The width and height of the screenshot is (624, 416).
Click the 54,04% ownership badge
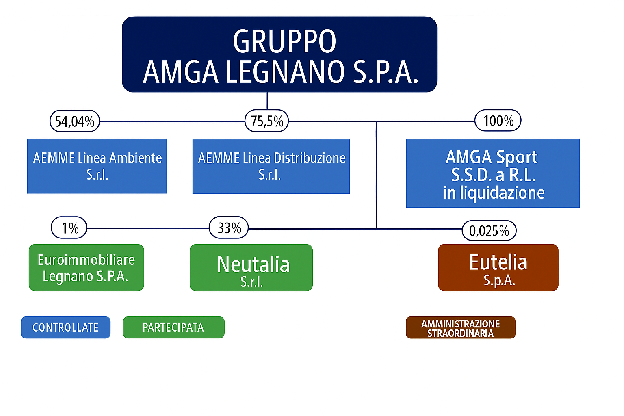click(75, 121)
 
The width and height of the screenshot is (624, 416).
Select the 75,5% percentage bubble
click(266, 121)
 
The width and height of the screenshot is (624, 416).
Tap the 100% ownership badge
click(498, 121)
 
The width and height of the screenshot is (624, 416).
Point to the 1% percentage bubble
click(69, 228)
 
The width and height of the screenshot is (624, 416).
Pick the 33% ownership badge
click(229, 228)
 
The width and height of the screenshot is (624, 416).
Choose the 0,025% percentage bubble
click(489, 231)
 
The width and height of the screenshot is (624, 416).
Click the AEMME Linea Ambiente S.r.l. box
click(97, 166)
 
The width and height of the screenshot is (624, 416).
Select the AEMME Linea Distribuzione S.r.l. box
click(271, 166)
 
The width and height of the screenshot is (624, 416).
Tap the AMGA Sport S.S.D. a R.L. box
click(493, 173)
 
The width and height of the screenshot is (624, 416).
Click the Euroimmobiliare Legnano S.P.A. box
click(87, 268)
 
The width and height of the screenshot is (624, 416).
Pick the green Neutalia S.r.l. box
click(251, 268)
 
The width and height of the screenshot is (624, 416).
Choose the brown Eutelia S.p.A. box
click(498, 268)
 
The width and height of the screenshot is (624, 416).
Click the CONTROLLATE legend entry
click(65, 327)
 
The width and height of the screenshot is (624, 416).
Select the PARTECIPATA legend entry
click(173, 327)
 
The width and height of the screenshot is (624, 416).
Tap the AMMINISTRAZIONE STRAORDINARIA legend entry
click(460, 328)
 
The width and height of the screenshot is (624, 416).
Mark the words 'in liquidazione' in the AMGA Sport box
click(494, 193)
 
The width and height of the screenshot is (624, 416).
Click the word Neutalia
click(253, 264)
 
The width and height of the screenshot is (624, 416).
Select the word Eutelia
click(498, 262)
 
